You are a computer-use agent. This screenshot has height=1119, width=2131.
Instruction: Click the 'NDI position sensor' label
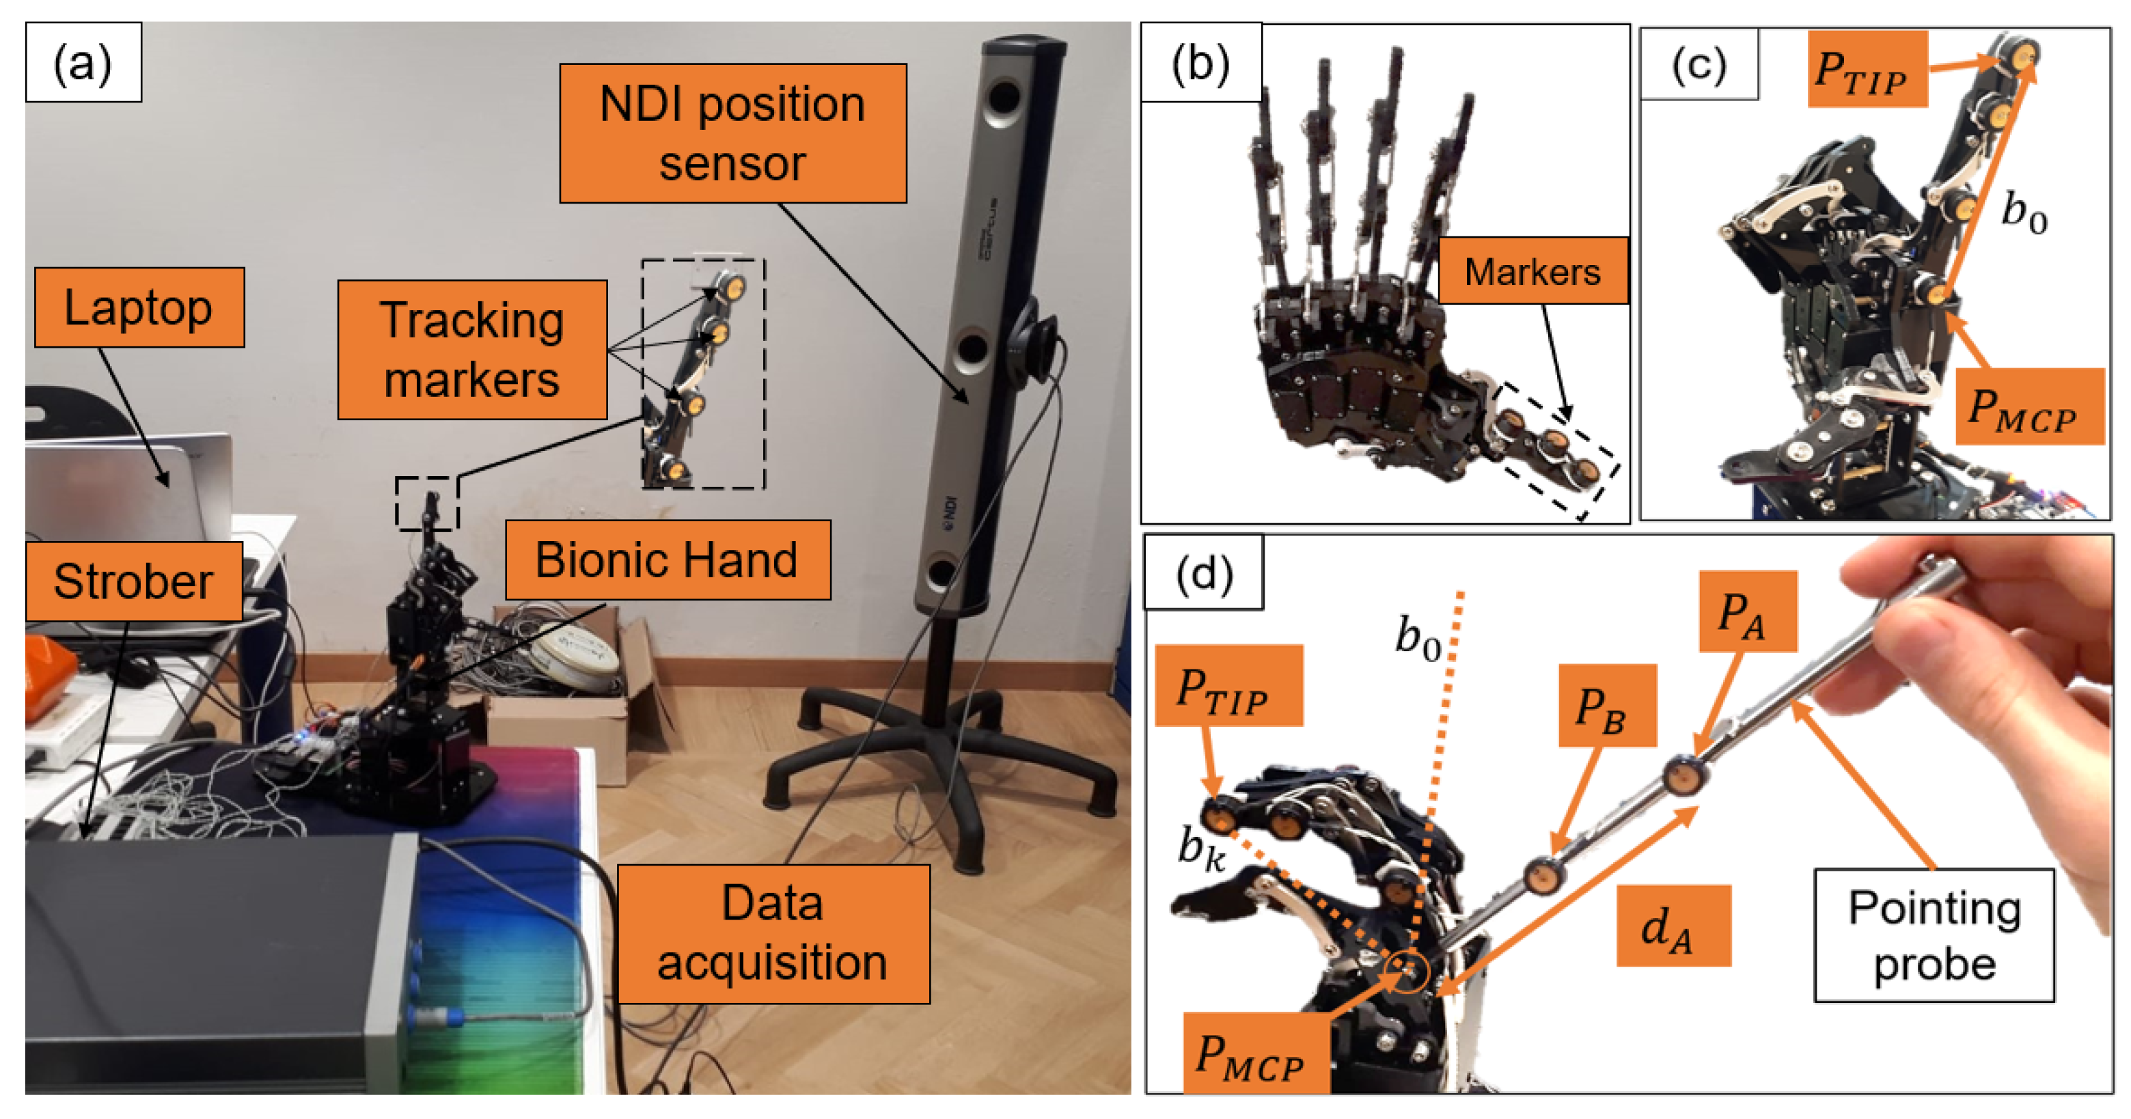click(x=733, y=133)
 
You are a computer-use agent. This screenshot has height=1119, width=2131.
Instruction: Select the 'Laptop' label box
click(x=139, y=307)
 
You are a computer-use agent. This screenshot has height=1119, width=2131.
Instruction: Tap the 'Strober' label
click(x=133, y=581)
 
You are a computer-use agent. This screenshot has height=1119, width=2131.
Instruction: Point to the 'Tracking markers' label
click(x=471, y=349)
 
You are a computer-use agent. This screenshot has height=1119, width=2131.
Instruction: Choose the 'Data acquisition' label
click(x=773, y=933)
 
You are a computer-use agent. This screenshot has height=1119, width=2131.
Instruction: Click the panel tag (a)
click(x=83, y=62)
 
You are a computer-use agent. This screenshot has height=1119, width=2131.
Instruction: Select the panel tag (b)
click(x=1200, y=62)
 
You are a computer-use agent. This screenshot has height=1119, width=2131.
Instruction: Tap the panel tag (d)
click(x=1204, y=572)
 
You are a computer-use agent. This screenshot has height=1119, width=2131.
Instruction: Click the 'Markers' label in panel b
click(x=1532, y=271)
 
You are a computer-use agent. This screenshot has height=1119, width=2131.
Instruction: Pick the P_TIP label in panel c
click(x=1867, y=70)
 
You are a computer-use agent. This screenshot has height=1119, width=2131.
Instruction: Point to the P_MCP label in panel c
click(x=2029, y=407)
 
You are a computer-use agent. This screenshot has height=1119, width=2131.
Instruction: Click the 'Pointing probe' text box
click(x=1934, y=935)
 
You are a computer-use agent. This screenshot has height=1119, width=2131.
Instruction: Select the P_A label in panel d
click(x=1746, y=611)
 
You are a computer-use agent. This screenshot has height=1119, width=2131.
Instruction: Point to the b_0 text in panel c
click(x=2022, y=212)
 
